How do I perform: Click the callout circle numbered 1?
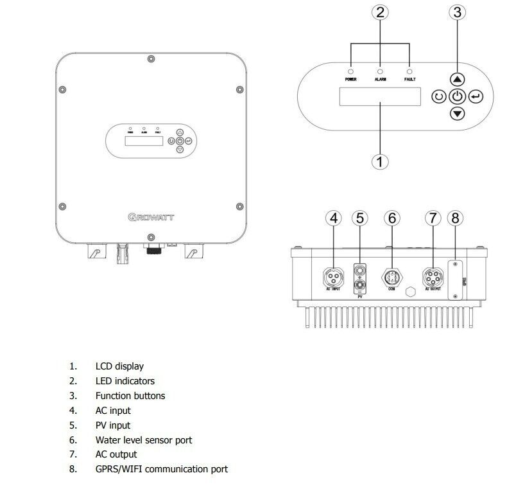coord(381,161)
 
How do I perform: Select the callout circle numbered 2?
coord(381,13)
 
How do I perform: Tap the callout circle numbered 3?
coord(456,13)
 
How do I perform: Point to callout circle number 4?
coord(333,218)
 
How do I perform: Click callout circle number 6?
coord(392,218)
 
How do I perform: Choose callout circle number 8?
coord(455,218)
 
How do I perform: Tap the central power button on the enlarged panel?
coord(456,97)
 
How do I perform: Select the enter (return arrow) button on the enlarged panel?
coord(475,97)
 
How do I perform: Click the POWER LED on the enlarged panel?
coord(350,71)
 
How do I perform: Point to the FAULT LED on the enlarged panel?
coord(410,71)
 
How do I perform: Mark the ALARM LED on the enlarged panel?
coord(381,71)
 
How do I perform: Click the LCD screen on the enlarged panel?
coord(381,97)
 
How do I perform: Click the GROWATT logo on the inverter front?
coord(150,217)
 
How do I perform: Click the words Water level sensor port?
coord(144,440)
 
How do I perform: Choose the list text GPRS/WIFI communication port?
coord(161,469)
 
